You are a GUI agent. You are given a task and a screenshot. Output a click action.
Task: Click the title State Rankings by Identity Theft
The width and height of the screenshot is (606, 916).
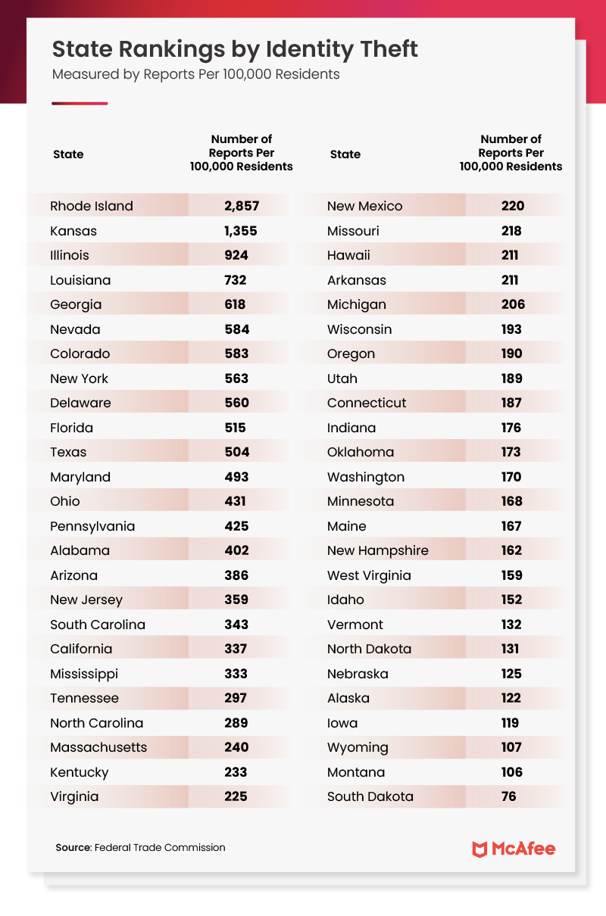(x=235, y=50)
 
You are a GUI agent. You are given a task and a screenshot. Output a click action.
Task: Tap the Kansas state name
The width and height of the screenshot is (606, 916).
(x=73, y=231)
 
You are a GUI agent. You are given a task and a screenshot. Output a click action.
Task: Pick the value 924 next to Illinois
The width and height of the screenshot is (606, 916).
(x=236, y=255)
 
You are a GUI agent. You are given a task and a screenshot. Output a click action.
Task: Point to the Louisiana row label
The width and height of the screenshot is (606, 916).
(x=80, y=280)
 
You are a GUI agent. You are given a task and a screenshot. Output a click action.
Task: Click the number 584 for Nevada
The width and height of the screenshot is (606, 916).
(x=236, y=329)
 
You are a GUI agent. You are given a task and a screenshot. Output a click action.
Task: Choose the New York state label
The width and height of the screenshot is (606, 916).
(x=80, y=379)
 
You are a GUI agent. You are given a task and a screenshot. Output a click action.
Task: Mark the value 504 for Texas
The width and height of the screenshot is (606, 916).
(x=236, y=452)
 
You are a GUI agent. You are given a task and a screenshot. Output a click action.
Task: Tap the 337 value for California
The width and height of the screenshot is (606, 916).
(x=236, y=649)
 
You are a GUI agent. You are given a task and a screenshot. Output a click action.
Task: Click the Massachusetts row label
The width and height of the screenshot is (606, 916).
(x=98, y=747)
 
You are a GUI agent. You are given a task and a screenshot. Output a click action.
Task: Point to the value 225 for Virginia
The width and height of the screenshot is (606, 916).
(x=236, y=796)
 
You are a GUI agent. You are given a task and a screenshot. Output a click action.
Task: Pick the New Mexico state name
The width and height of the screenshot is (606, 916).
(x=365, y=206)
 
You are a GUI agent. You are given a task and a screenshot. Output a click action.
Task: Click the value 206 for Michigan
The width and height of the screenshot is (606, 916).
(x=511, y=304)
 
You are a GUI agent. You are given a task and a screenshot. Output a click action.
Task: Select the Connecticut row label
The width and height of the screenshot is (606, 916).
(x=367, y=403)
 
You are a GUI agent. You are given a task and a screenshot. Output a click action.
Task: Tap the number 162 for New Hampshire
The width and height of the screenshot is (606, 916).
(x=511, y=550)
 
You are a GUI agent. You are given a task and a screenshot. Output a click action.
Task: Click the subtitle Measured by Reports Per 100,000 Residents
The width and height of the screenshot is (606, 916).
(x=195, y=75)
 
